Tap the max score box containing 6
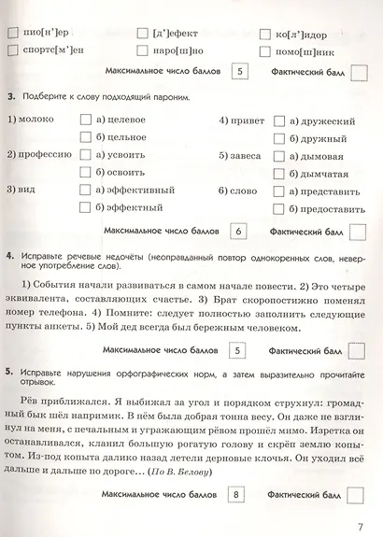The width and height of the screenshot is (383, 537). point(238,230)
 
